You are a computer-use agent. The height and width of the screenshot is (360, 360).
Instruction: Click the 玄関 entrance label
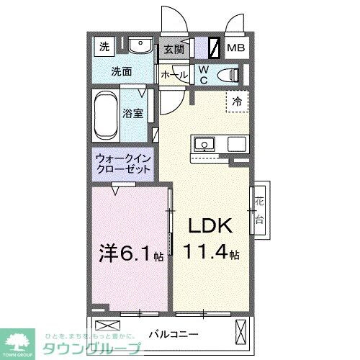174,50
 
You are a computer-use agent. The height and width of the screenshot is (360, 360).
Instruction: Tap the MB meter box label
236,49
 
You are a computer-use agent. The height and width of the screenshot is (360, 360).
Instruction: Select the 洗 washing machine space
104,48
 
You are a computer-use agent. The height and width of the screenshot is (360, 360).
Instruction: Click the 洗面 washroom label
121,72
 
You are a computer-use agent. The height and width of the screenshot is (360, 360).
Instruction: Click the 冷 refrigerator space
236,102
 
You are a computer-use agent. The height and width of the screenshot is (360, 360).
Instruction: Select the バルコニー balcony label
173,333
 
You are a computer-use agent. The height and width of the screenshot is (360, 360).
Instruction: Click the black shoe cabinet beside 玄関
213,49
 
